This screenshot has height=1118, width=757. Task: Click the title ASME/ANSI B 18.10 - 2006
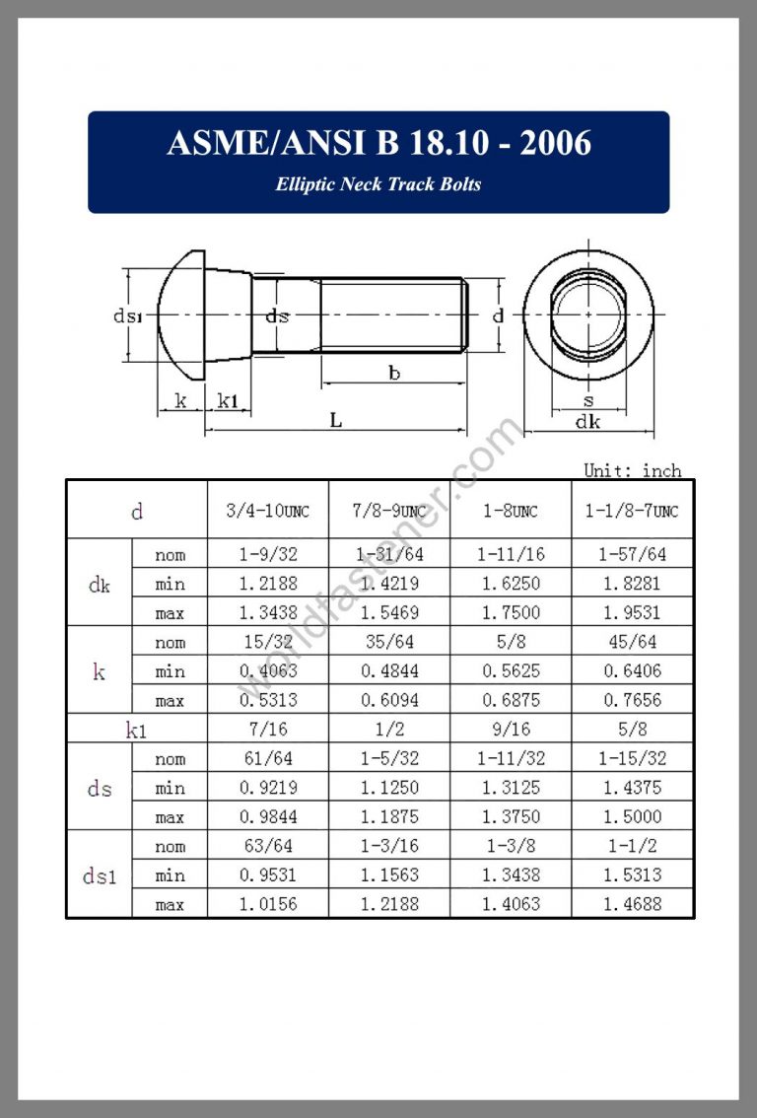point(378,144)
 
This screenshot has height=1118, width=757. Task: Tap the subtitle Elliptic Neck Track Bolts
point(378,184)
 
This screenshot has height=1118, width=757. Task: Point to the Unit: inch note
point(632,470)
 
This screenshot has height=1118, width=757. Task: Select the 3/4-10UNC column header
point(267,511)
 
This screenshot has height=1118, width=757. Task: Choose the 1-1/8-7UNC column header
point(633,511)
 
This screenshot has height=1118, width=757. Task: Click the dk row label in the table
point(100,584)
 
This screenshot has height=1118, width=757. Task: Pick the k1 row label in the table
point(137,731)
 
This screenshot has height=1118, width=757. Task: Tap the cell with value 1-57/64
point(633,555)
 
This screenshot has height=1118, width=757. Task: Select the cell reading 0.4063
point(267,671)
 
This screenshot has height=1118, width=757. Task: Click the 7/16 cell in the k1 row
point(267,731)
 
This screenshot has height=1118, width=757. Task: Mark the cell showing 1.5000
point(633,817)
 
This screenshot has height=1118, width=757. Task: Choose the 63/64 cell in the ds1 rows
point(267,846)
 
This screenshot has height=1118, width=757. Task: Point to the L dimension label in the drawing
point(335,421)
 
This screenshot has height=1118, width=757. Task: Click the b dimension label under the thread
point(394,373)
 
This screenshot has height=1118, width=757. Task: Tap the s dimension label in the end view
point(588,400)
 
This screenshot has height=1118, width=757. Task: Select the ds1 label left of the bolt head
point(127,316)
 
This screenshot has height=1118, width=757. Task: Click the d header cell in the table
point(137,511)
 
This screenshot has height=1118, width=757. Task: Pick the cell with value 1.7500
point(511,612)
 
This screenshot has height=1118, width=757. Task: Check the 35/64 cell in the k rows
point(389,643)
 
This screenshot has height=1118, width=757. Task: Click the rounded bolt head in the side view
point(182,315)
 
